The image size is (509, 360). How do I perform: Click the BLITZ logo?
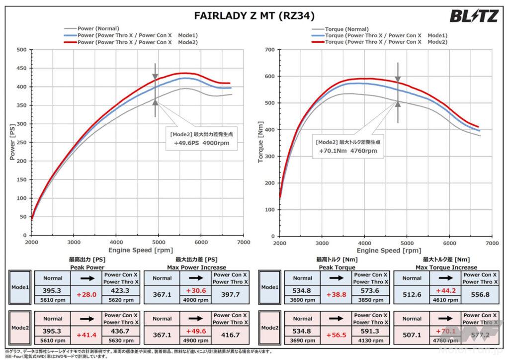474,16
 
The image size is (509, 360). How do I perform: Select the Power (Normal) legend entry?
98,29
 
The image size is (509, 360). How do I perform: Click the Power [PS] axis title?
12,141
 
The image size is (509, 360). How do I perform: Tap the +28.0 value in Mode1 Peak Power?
87,294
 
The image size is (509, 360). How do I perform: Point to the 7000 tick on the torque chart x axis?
492,243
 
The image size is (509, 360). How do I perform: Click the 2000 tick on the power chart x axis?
31,243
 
